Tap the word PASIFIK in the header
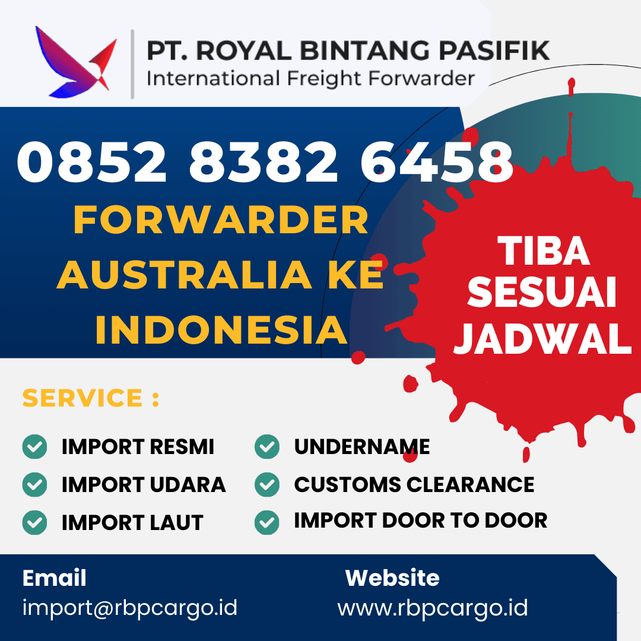494,50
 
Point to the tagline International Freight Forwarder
310,79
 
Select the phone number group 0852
91,162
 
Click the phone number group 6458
437,162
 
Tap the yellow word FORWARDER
221,220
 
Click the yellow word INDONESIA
221,329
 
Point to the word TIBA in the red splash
543,251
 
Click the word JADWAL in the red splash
543,338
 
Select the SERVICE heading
90,398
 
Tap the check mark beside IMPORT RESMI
35,446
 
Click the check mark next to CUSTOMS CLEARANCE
267,484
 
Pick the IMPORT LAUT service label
132,522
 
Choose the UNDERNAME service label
362,446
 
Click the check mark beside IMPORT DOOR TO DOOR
267,522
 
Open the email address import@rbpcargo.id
130,608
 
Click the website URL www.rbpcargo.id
433,608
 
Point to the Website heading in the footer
392,577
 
